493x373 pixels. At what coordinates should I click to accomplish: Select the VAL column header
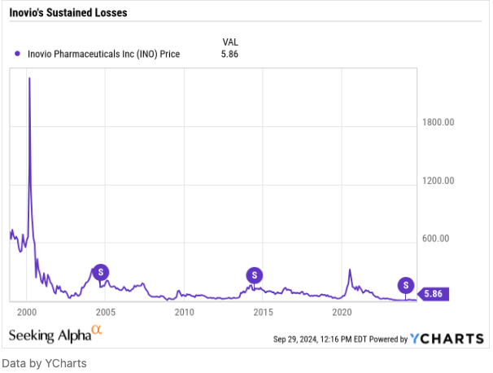point(231,42)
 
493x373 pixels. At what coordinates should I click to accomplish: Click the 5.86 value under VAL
point(231,55)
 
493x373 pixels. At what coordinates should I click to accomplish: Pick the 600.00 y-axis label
point(438,239)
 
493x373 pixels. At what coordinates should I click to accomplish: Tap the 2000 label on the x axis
point(27,312)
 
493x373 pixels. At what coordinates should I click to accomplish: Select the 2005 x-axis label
point(106,312)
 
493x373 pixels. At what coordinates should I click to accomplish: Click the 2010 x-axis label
point(184,312)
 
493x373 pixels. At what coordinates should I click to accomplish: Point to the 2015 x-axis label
point(263,312)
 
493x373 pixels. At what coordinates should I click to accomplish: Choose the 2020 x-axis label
point(342,312)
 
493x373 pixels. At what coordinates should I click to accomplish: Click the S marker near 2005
point(101,272)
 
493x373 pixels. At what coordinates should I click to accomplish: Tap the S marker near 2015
point(254,274)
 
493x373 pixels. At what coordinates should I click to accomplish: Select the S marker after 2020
point(405,284)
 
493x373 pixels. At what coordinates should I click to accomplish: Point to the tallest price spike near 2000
point(30,79)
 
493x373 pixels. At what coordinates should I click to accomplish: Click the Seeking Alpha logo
point(55,336)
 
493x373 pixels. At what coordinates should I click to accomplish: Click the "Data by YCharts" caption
point(44,363)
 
